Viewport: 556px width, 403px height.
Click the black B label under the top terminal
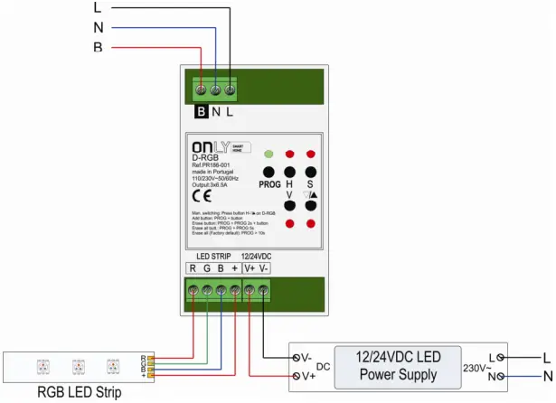(202, 112)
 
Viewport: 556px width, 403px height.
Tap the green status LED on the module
(269, 155)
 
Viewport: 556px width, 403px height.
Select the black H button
(289, 172)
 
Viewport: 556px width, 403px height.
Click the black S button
(310, 172)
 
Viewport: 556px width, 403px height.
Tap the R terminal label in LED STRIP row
(193, 267)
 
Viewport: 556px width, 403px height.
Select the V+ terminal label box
(250, 267)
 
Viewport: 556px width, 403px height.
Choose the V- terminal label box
(264, 267)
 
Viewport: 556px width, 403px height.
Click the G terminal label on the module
(207, 267)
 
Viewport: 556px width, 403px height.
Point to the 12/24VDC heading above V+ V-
(256, 255)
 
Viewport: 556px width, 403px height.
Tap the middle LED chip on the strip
(79, 366)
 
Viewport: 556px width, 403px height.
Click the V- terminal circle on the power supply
(297, 358)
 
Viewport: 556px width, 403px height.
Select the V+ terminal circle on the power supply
(297, 375)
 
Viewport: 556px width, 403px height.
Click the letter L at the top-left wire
(99, 7)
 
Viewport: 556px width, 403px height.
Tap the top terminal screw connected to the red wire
(202, 89)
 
